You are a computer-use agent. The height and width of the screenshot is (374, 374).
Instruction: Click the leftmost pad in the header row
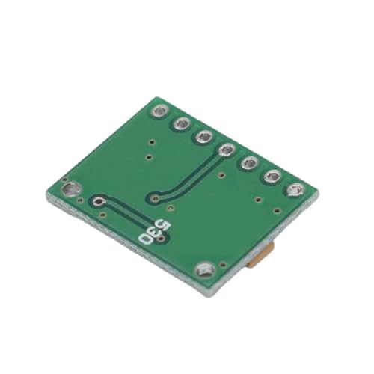tap(160, 112)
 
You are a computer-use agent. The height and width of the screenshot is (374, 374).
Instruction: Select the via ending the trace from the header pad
tap(154, 199)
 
